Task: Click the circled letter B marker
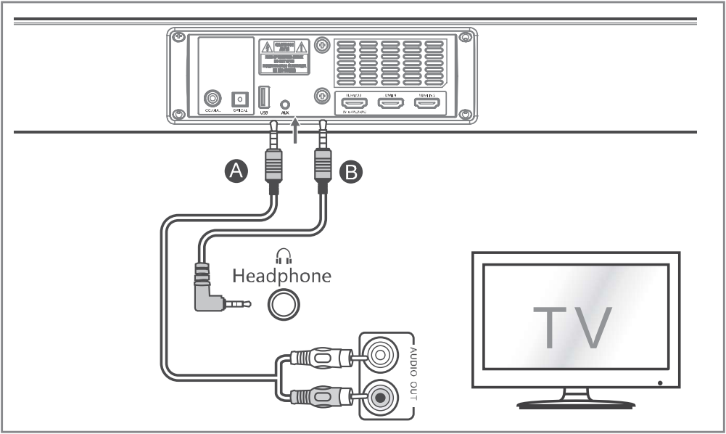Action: tap(350, 171)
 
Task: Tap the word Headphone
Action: tap(281, 276)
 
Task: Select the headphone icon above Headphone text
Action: tap(283, 255)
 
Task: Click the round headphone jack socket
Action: tap(282, 304)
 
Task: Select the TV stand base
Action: tap(576, 404)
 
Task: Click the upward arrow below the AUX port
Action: tap(294, 134)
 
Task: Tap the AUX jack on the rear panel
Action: tap(285, 105)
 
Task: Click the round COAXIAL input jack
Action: tap(213, 98)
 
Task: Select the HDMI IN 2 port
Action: tap(426, 104)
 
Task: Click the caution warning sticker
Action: tap(284, 57)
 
